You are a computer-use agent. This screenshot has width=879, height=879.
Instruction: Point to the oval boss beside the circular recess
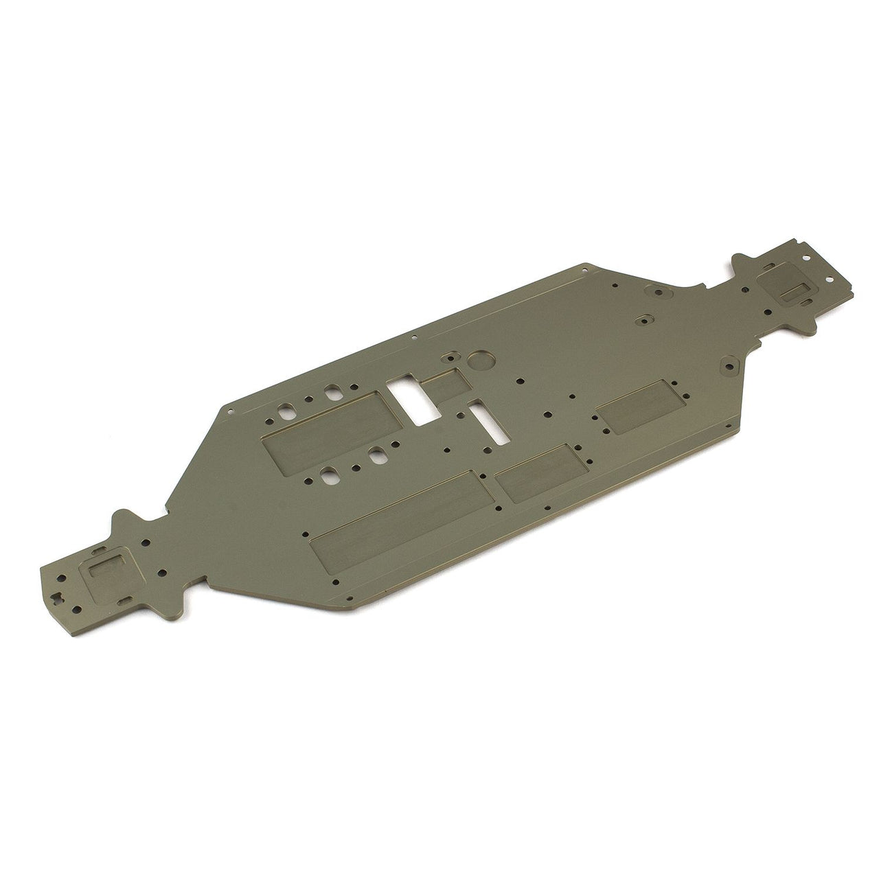[x=450, y=358]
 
